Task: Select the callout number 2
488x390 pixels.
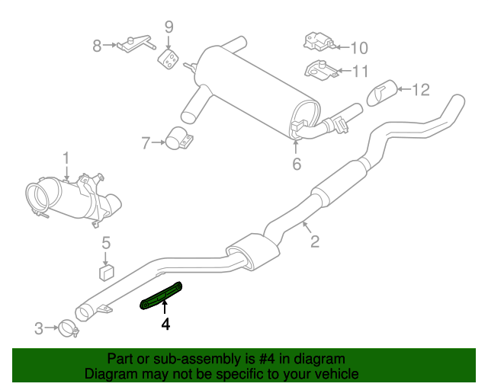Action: pyautogui.click(x=314, y=243)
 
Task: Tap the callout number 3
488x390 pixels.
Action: pyautogui.click(x=39, y=329)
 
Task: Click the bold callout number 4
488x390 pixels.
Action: pyautogui.click(x=165, y=324)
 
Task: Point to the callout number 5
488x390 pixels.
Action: pyautogui.click(x=107, y=243)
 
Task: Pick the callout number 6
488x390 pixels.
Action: pyautogui.click(x=297, y=163)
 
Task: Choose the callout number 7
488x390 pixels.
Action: pyautogui.click(x=146, y=141)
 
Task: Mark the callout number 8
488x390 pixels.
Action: pyautogui.click(x=97, y=46)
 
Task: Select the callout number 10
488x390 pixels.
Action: pyautogui.click(x=358, y=48)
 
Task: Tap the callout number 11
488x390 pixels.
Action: pyautogui.click(x=359, y=72)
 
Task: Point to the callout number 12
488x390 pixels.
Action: pyautogui.click(x=421, y=90)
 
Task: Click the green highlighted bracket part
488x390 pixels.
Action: pyautogui.click(x=161, y=297)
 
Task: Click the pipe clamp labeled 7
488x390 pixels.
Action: pyautogui.click(x=181, y=141)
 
